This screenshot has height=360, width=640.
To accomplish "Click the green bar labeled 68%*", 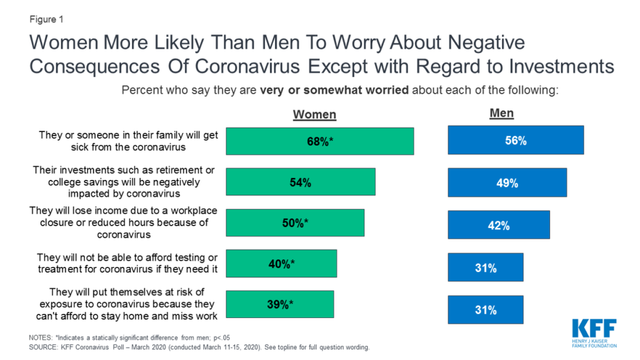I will tap(319, 141).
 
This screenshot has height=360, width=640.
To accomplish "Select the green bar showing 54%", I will tap(300, 182).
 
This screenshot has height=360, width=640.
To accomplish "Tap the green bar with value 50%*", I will tap(294, 224).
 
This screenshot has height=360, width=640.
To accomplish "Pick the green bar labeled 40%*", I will tap(281, 264).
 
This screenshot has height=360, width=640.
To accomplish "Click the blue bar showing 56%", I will tap(516, 140).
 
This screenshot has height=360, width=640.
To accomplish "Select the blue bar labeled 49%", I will tap(507, 182).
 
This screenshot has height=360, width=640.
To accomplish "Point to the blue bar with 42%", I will tap(499, 225).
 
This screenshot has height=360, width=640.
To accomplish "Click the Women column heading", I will tap(314, 114).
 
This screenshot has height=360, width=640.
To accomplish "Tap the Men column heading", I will tap(501, 113).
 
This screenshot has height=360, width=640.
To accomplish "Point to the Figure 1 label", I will tap(47, 18).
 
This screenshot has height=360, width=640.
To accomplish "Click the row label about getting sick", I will tap(128, 140).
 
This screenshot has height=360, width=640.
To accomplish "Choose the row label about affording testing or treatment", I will tap(127, 263).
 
